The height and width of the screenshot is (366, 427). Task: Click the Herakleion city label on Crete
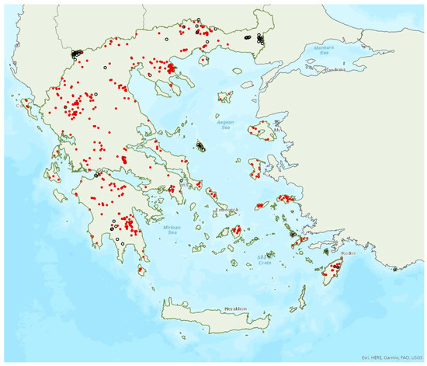click(x=235, y=308)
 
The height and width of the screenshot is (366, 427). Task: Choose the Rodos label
click(x=348, y=253)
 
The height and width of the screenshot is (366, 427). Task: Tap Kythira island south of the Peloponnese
click(x=142, y=270)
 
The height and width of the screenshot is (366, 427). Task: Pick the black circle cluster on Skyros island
click(x=201, y=146)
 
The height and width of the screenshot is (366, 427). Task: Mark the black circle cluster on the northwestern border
click(x=76, y=54)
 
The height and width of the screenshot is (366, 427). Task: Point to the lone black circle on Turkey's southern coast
click(x=394, y=269)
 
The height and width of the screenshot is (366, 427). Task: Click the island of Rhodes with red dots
click(x=335, y=270)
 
